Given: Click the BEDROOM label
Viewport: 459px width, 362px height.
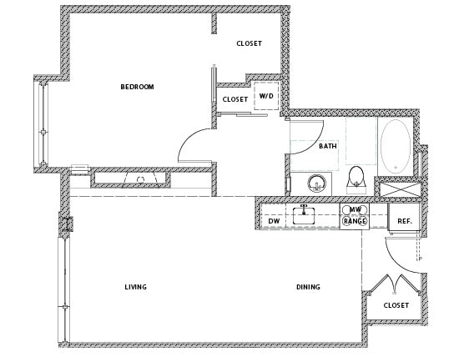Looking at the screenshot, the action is coord(137,87).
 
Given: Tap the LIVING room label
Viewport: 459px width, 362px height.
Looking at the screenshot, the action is coord(135,287).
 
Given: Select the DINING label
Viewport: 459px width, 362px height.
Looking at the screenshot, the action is coord(308,287).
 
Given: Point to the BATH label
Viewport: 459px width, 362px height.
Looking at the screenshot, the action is coord(328,146).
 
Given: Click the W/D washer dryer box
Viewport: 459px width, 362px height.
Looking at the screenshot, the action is coord(266,96).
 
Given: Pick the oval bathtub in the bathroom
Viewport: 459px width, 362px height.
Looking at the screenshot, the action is coord(396,146).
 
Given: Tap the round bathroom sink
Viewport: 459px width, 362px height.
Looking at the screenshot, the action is coord(317,184).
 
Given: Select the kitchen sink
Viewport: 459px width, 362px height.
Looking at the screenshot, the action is coord(304,215).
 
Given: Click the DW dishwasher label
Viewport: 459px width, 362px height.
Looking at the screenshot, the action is coord(274,221).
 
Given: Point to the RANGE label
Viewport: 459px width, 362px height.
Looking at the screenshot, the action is coord(355,221).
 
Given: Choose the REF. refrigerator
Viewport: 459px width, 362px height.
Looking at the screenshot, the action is coord(404,218).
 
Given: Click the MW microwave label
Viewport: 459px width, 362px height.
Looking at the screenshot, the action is coord(355,209).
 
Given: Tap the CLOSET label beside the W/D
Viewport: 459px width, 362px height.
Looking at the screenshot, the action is coord(235,99).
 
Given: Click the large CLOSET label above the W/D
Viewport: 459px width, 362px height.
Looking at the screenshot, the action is coord(249,43).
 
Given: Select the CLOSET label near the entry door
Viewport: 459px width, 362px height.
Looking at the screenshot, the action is coord(396,305).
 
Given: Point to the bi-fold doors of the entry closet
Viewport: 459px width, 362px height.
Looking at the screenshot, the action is coord(396,284).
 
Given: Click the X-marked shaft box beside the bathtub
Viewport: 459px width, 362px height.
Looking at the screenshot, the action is coord(399,189).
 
